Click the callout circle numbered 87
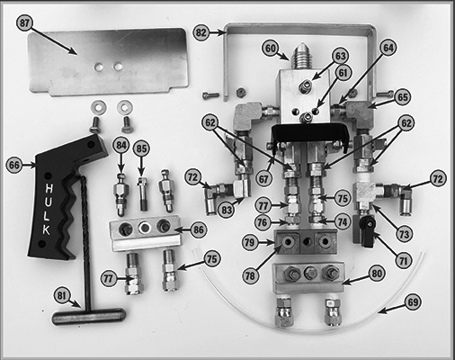click(24, 22)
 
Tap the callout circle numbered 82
click(201, 32)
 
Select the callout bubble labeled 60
click(271, 49)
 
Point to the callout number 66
click(14, 165)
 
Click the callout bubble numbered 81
click(61, 295)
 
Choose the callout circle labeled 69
click(413, 301)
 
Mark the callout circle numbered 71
click(404, 261)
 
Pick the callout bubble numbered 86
click(199, 230)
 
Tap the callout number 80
click(377, 274)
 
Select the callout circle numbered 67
click(263, 179)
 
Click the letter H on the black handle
click(49, 189)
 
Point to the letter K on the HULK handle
click(46, 229)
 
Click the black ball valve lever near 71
click(368, 232)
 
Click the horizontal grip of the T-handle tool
click(88, 317)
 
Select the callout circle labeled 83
click(227, 209)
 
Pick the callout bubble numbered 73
click(404, 234)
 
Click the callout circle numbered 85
click(141, 148)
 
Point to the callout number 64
click(388, 48)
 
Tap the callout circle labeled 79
click(250, 242)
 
